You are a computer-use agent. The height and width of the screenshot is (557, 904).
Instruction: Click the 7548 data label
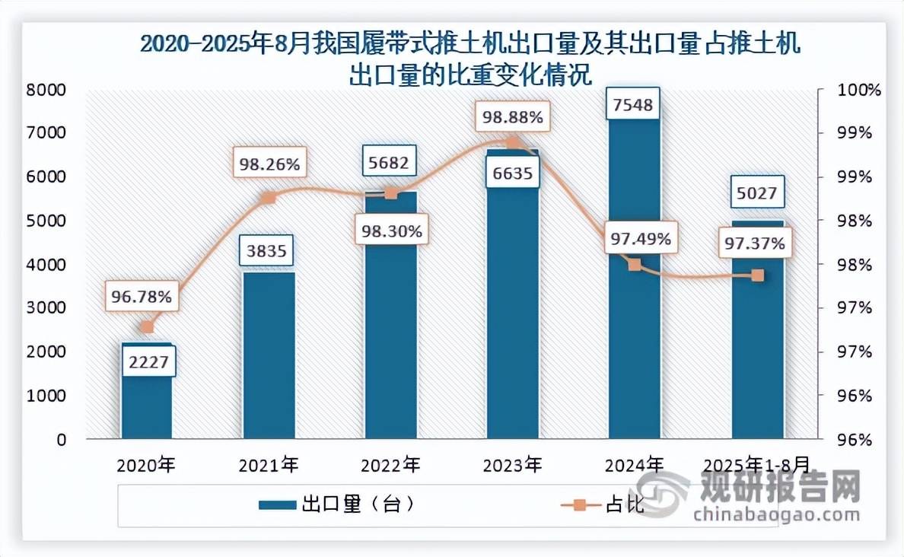tap(633, 104)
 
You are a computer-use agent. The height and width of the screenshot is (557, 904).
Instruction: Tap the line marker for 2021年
tap(268, 198)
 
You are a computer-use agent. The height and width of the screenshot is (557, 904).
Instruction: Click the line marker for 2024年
tap(635, 265)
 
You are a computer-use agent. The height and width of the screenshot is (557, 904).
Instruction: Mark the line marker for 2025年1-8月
tap(757, 275)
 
